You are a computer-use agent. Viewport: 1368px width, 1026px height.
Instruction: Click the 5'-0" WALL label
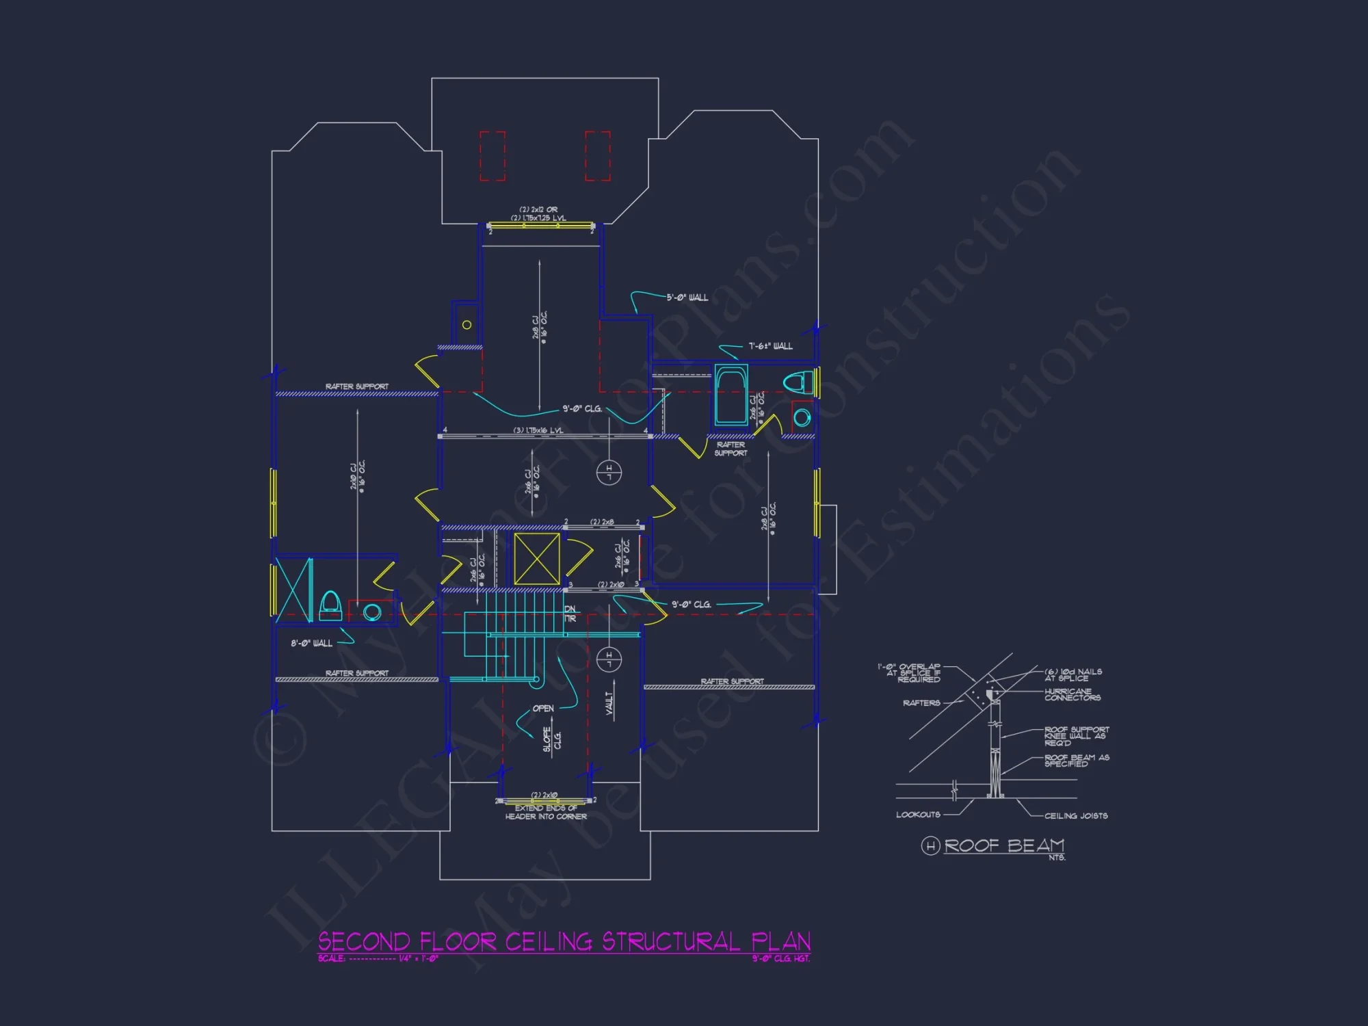click(x=687, y=298)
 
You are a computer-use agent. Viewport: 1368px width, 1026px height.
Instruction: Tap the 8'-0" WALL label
click(x=312, y=643)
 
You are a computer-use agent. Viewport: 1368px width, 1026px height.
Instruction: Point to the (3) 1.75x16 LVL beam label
click(x=538, y=430)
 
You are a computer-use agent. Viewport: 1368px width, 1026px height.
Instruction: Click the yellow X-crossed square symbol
click(x=537, y=559)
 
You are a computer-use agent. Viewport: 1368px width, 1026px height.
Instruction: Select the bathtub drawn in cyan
click(x=731, y=395)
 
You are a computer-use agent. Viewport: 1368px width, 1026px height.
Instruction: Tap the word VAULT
click(x=609, y=702)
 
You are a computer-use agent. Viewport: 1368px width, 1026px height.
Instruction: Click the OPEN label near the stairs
click(x=543, y=709)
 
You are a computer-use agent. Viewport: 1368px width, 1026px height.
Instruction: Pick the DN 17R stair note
click(x=570, y=614)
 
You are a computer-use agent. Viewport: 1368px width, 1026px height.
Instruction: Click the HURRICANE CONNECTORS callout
click(x=1072, y=694)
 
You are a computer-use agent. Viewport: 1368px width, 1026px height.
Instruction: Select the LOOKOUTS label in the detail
click(x=918, y=815)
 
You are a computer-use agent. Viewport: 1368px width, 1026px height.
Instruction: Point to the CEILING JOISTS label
click(x=1075, y=815)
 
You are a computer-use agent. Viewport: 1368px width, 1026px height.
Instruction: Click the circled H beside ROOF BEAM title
click(x=930, y=846)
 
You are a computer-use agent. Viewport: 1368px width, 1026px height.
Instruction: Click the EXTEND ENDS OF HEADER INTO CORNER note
click(x=546, y=812)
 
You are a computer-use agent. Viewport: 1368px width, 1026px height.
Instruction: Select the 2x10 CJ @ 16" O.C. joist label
click(x=358, y=476)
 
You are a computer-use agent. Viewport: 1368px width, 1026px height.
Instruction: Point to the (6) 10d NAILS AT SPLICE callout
click(x=1073, y=674)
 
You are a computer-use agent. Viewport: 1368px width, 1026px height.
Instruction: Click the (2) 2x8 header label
click(x=602, y=522)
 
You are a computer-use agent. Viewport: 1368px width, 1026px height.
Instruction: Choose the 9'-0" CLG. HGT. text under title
click(x=780, y=958)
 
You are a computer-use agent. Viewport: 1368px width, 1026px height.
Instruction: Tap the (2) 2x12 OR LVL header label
click(x=538, y=213)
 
